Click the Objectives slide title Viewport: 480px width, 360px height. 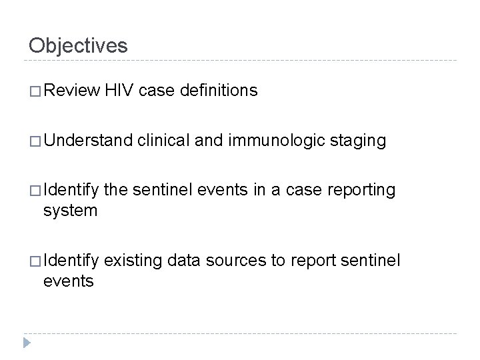[78, 45]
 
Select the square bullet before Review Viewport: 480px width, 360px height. [34, 92]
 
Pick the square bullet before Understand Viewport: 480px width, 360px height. [34, 141]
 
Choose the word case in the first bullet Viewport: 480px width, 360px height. [155, 91]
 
